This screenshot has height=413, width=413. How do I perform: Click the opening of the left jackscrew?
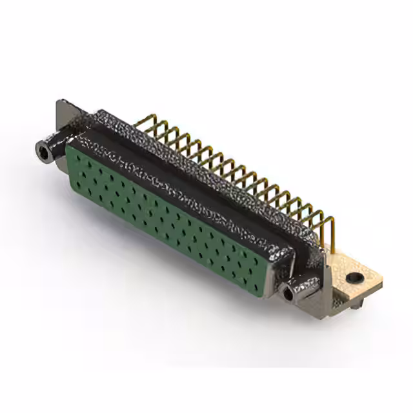click(45, 153)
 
